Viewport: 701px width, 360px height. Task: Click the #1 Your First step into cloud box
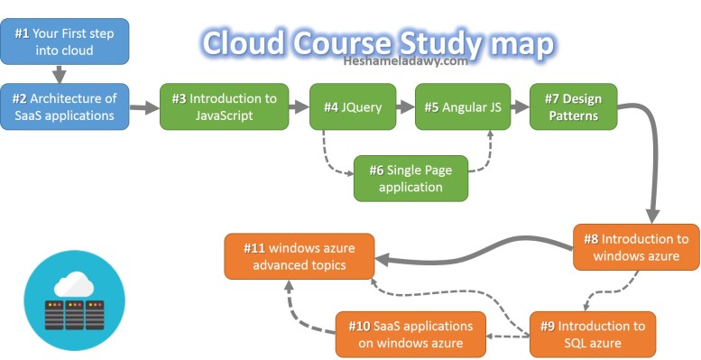(x=65, y=42)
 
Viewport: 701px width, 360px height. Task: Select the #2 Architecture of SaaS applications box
(x=65, y=106)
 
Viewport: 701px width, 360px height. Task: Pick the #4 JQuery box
(x=353, y=106)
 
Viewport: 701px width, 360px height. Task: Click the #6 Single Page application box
(x=410, y=178)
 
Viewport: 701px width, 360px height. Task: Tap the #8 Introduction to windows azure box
(x=636, y=246)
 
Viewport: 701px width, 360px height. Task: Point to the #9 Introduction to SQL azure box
(x=592, y=334)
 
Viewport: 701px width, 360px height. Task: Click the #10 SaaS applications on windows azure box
(x=410, y=334)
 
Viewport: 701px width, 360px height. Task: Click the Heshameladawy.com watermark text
(x=405, y=62)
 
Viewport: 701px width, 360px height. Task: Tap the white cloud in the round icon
(x=74, y=285)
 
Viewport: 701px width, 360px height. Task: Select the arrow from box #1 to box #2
(x=60, y=74)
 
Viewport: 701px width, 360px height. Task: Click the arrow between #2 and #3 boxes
(x=144, y=108)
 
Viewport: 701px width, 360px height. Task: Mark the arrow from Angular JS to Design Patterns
(x=521, y=106)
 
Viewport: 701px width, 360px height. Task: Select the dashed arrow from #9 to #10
(x=508, y=336)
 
